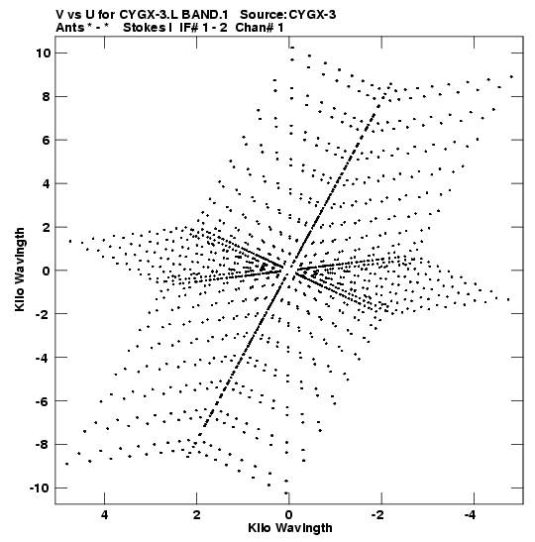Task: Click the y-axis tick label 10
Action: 43,53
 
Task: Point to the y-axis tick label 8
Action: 46,96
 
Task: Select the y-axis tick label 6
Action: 46,140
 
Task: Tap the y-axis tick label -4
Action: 43,357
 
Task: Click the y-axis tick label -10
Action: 40,488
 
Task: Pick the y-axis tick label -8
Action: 43,444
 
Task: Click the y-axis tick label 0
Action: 46,271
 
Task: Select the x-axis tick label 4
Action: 105,514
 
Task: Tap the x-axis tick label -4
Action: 470,514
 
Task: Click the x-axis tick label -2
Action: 378,514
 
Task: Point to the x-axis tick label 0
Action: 289,514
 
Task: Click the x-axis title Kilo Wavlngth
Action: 290,528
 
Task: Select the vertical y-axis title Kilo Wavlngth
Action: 20,270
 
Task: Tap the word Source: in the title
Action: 263,15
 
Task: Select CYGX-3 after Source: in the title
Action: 312,15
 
